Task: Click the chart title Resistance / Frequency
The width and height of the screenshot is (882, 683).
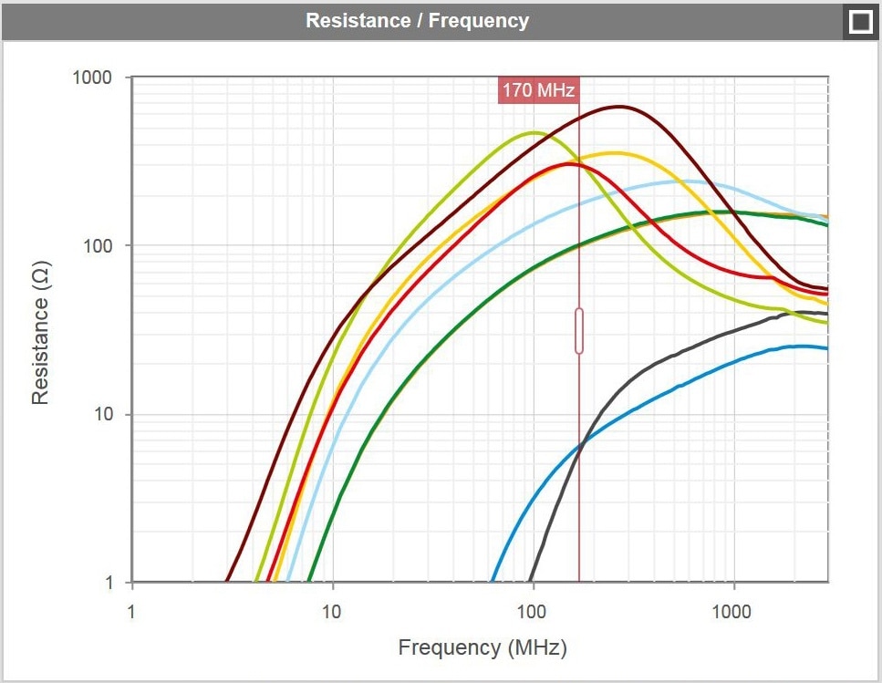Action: tap(417, 20)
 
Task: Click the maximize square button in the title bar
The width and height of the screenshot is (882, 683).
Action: tap(860, 21)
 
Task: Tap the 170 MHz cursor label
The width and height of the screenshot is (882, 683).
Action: tap(538, 90)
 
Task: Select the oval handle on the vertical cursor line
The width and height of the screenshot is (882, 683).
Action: tap(579, 330)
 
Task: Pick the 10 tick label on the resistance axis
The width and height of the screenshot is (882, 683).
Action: tap(101, 414)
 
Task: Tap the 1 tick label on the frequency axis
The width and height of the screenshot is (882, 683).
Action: tap(132, 610)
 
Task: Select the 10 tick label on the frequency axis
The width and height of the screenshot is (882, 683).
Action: tap(333, 610)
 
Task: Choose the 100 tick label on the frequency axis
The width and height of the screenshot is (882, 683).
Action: tap(534, 610)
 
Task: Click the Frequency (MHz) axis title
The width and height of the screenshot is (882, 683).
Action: tap(483, 647)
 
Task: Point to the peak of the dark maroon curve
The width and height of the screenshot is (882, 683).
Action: tap(619, 107)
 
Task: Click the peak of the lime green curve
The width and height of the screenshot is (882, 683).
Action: tap(534, 133)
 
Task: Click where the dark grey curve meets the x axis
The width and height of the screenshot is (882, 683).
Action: tap(530, 582)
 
